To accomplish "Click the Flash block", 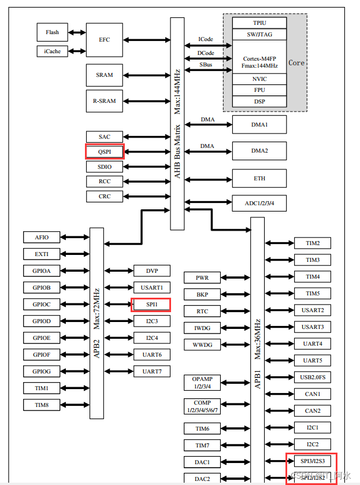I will click(x=52, y=32).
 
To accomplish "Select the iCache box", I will click(x=52, y=51).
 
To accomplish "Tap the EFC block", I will click(x=105, y=40).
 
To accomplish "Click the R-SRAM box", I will click(x=105, y=101).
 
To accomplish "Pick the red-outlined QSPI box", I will click(x=105, y=152).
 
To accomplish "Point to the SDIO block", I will click(x=105, y=166).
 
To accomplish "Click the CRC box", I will click(x=105, y=197).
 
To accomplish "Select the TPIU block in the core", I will click(x=259, y=23).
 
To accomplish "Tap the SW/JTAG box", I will click(x=259, y=34).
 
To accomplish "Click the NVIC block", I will click(x=259, y=79).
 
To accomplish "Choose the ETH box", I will click(x=259, y=179).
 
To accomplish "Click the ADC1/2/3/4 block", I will click(x=259, y=203).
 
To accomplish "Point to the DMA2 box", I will click(x=259, y=151).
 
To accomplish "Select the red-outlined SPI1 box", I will click(x=151, y=304).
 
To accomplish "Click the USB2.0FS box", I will click(x=313, y=377).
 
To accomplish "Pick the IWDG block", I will click(x=202, y=328).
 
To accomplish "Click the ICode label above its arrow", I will click(x=206, y=39).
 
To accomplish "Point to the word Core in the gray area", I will click(x=296, y=62).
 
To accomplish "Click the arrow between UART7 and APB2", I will click(x=118, y=371).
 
